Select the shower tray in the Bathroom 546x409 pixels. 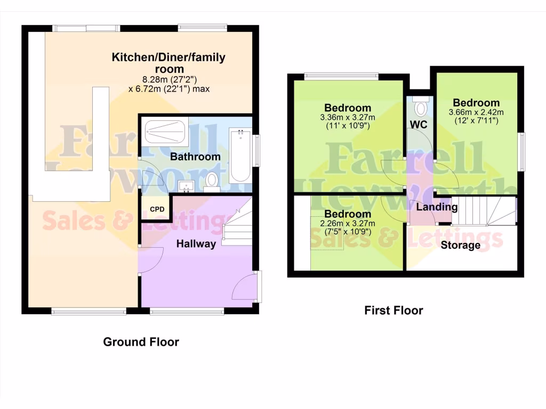click(x=166, y=133)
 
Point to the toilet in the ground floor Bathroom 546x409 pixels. click(x=212, y=182)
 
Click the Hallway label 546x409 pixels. click(x=197, y=244)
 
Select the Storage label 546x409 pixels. click(x=460, y=246)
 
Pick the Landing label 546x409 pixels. click(x=437, y=207)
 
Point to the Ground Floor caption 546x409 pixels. click(x=141, y=342)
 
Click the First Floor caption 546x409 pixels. click(x=394, y=310)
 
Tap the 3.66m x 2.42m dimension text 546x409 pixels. click(x=477, y=112)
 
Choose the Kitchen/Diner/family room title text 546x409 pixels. click(x=168, y=63)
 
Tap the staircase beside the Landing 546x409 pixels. click(x=487, y=211)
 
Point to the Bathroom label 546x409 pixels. click(x=195, y=157)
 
